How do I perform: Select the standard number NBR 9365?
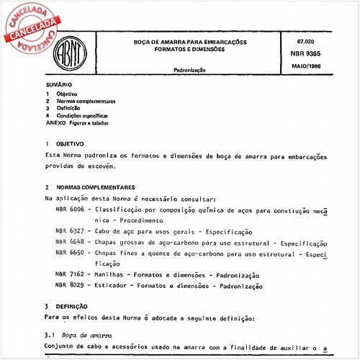pyautogui.click(x=305, y=55)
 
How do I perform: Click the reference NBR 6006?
pyautogui.click(x=71, y=209)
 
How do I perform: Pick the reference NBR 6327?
pyautogui.click(x=71, y=232)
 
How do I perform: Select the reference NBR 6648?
pyautogui.click(x=71, y=243)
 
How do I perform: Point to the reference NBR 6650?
pyautogui.click(x=71, y=254)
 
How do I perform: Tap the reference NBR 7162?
pyautogui.click(x=71, y=276)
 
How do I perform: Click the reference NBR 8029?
pyautogui.click(x=71, y=286)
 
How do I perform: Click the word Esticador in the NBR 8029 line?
pyautogui.click(x=120, y=286)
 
